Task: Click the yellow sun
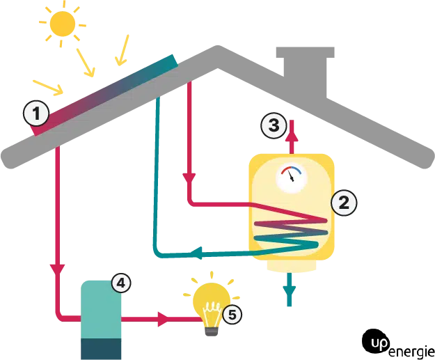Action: (63, 24)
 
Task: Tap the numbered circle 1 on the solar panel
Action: (36, 112)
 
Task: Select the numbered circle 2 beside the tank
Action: (344, 203)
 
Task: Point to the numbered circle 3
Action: (274, 125)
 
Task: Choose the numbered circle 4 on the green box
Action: (121, 283)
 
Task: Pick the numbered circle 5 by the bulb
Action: (232, 315)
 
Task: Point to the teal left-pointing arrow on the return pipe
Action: (197, 252)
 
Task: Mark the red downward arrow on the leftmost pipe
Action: (56, 267)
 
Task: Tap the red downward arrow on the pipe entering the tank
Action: (188, 177)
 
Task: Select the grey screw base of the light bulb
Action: (210, 332)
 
